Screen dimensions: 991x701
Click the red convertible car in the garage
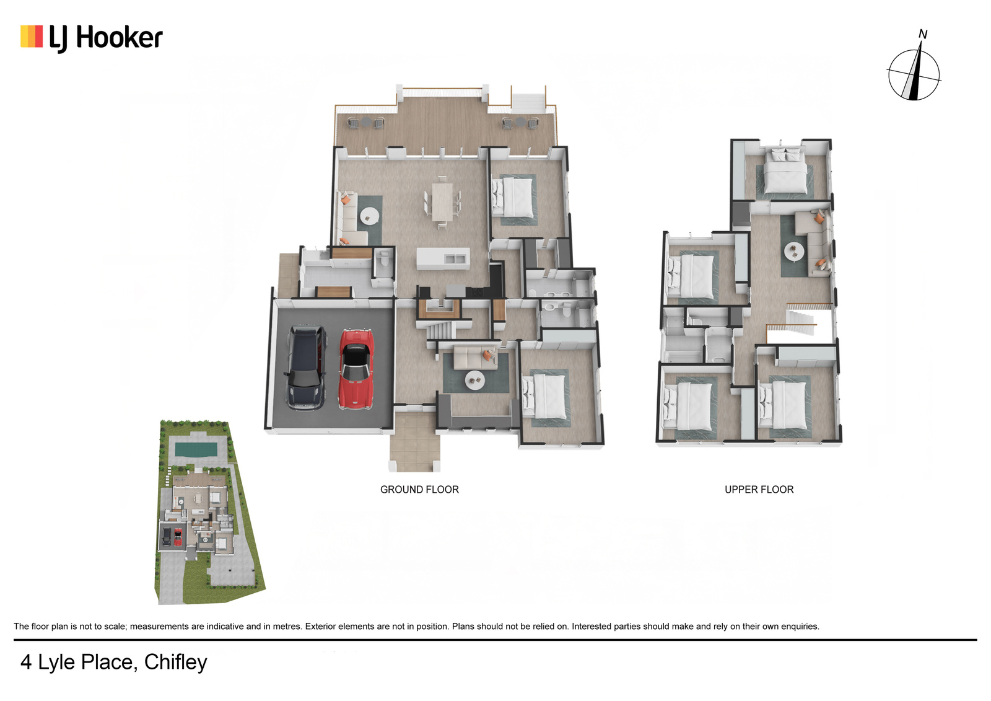tap(356, 369)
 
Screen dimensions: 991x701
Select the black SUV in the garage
tap(307, 367)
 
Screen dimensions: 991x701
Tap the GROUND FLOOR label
tap(419, 489)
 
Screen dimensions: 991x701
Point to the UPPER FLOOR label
tap(759, 489)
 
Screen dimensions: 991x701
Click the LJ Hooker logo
tap(92, 38)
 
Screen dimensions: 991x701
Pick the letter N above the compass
tap(922, 34)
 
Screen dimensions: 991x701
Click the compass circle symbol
tap(914, 74)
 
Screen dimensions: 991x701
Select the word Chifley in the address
tap(176, 663)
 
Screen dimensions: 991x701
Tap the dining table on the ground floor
tap(442, 201)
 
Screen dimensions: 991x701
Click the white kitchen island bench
tap(443, 258)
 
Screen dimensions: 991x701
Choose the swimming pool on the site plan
tap(196, 449)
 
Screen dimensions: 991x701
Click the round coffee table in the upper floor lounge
tap(794, 251)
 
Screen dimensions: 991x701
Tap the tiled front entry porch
tap(414, 441)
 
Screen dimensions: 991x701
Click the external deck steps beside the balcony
tap(528, 102)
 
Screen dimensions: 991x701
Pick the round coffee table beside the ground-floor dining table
tap(369, 216)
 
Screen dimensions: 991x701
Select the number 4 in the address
tap(26, 663)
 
